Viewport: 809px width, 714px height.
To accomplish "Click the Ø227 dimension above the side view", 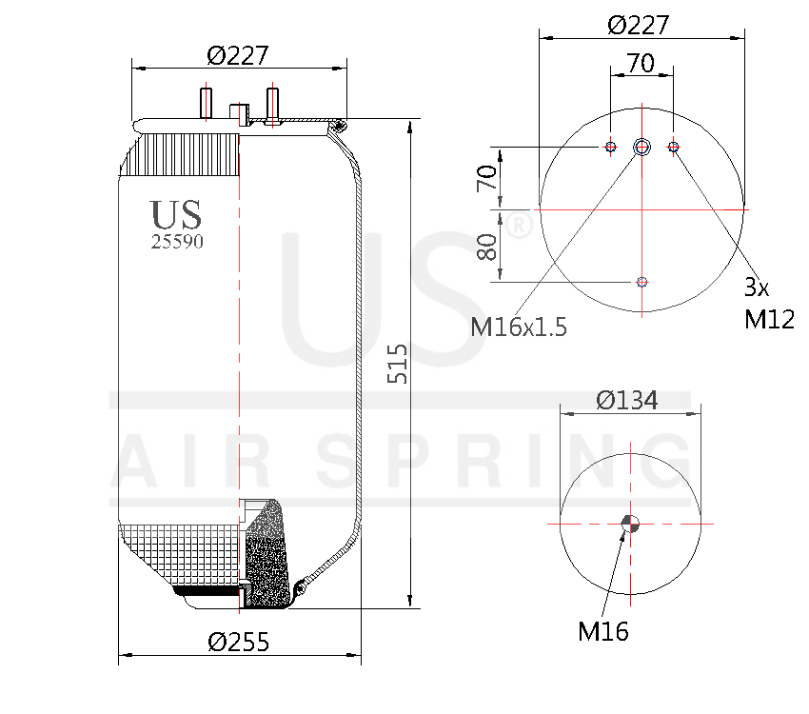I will [x=237, y=55].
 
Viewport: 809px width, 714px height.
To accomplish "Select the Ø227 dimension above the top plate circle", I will [x=638, y=25].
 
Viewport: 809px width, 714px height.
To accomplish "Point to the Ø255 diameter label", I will [x=238, y=642].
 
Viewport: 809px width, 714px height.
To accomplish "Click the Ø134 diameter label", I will [x=627, y=401].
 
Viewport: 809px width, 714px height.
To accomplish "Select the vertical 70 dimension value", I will [x=487, y=178].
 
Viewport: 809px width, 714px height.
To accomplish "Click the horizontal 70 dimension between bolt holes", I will [x=641, y=64].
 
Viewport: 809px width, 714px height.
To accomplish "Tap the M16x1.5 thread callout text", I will [x=519, y=327].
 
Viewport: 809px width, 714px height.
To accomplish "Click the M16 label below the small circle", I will [x=603, y=630].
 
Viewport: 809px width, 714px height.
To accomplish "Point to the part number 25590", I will [x=177, y=242].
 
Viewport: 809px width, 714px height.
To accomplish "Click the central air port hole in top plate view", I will [x=641, y=147].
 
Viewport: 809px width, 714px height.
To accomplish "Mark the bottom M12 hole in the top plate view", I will [x=641, y=281].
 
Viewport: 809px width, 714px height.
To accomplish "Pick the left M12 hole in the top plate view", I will [x=610, y=147].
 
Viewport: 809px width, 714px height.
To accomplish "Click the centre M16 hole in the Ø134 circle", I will [x=628, y=523].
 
